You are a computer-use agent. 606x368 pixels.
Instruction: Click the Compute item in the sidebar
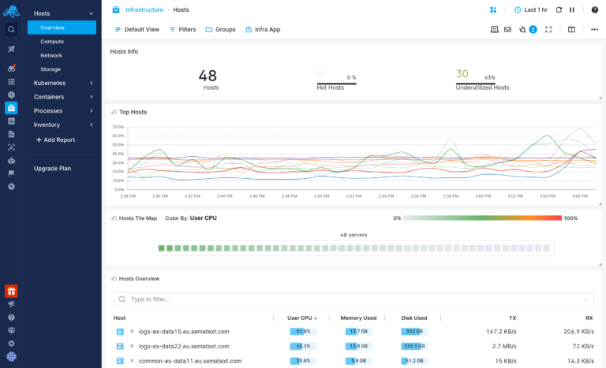[52, 42]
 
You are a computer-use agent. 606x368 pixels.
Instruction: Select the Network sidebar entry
[51, 55]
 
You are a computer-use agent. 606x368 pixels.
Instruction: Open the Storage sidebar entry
[50, 69]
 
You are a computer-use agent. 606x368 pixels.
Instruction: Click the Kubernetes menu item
[50, 83]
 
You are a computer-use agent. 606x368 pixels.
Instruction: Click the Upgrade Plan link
[52, 169]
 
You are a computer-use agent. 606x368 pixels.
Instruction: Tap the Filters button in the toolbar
[182, 29]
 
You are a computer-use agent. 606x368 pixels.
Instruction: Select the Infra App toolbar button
[263, 29]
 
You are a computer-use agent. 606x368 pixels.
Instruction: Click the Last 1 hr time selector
[530, 9]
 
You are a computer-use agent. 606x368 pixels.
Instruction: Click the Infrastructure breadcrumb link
[144, 9]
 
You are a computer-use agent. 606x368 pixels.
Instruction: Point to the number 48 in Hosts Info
[208, 76]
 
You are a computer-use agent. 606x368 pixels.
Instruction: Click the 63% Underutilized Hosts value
[489, 77]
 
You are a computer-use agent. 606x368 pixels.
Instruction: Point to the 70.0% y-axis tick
[118, 126]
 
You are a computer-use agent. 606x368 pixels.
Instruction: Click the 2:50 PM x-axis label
[321, 195]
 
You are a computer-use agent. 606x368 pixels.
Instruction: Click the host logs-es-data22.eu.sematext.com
[184, 346]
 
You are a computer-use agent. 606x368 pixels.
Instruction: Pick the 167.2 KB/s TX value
[501, 332]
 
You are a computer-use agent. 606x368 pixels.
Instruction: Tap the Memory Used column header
[358, 318]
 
